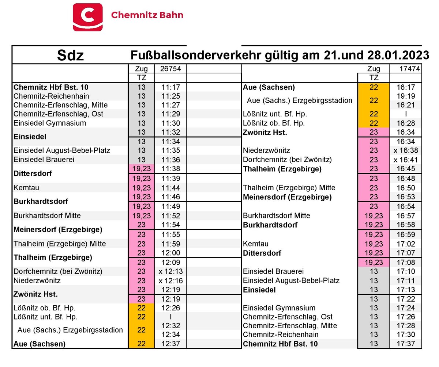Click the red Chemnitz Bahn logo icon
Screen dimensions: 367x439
pos(88,17)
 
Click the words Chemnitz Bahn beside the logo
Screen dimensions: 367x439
pos(147,15)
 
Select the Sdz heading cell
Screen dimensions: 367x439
pos(71,56)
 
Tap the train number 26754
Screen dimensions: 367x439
pos(170,68)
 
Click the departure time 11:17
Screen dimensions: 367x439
pos(170,88)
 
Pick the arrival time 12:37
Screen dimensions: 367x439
pos(170,344)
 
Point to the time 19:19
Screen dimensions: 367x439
pos(406,96)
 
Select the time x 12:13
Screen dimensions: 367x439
pos(170,272)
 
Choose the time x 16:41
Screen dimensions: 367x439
pos(406,160)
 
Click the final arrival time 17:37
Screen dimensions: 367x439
pos(406,344)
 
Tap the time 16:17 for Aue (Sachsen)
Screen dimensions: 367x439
pos(406,88)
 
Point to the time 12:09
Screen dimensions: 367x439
pos(170,262)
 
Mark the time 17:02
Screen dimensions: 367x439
pos(406,244)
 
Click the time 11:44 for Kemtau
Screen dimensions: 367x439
pos(170,188)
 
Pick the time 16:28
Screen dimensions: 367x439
pos(406,123)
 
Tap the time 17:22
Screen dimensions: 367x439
pos(406,299)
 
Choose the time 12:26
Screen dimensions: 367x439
pos(170,308)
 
